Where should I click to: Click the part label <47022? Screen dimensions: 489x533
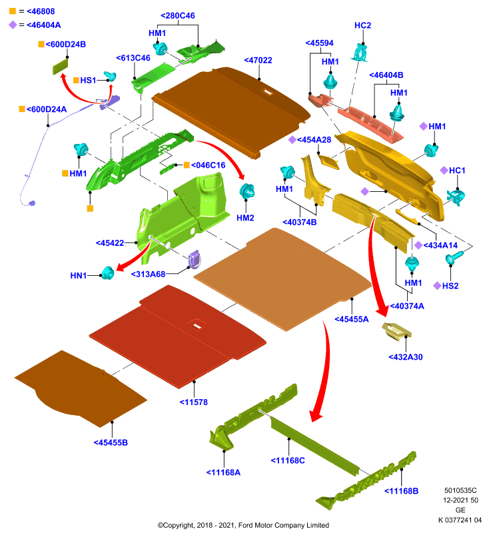tap(258, 60)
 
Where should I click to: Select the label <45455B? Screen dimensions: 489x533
tap(111, 442)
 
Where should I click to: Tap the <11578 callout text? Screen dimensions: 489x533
tap(193, 402)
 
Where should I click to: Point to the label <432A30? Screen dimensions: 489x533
tap(406, 357)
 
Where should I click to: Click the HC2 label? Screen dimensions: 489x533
tap(362, 25)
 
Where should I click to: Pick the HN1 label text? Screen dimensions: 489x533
tap(79, 275)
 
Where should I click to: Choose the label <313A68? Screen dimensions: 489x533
tap(148, 274)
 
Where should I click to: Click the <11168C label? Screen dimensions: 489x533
tap(288, 460)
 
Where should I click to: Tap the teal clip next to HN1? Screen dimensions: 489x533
tap(108, 272)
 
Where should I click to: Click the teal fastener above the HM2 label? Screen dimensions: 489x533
tap(247, 191)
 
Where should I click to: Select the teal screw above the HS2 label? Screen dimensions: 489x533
tap(454, 257)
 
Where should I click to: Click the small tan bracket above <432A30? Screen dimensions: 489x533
tap(396, 331)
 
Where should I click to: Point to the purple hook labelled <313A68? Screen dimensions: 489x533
tap(195, 259)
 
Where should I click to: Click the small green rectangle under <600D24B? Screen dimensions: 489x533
tap(60, 66)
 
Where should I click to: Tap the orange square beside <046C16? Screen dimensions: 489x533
tap(187, 165)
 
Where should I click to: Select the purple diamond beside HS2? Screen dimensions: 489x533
tap(437, 286)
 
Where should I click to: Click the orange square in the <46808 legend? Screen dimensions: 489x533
tap(13, 11)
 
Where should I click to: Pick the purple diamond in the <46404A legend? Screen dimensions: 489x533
tap(13, 25)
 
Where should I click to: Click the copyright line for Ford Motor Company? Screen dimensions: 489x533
tap(243, 525)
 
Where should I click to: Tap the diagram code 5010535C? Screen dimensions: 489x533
tap(460, 490)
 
